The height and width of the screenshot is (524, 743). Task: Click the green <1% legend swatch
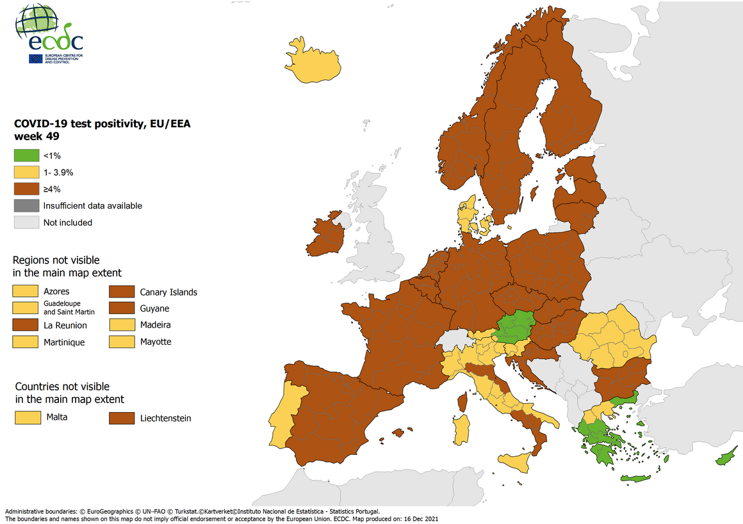(26, 155)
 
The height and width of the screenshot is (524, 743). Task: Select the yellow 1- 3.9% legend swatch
(26, 172)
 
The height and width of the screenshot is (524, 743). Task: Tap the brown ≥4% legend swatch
(26, 189)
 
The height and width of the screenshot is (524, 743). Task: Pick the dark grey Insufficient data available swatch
(26, 205)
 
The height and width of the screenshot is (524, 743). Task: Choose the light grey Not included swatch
(26, 222)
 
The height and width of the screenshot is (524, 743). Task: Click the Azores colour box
(25, 291)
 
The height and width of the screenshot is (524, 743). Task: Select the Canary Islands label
(168, 292)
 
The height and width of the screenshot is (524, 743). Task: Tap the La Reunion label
(65, 325)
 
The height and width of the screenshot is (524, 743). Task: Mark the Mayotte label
(156, 342)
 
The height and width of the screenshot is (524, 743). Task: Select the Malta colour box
(25, 418)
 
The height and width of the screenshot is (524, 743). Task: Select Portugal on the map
(282, 416)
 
